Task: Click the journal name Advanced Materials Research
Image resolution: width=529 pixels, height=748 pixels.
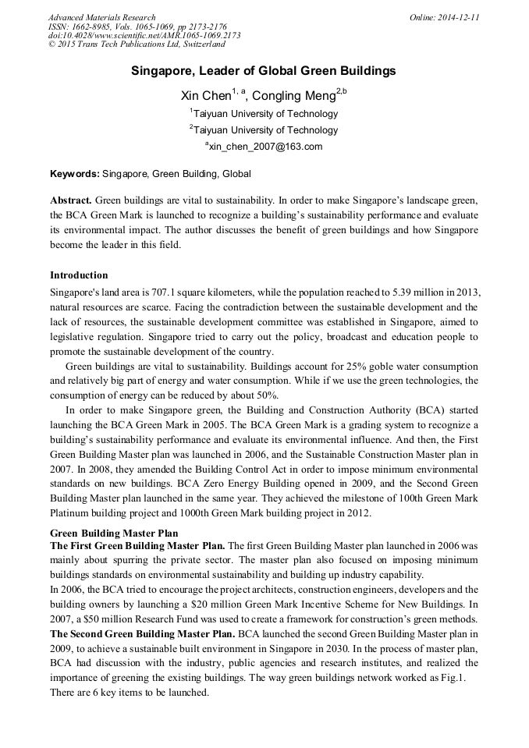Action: pos(101,17)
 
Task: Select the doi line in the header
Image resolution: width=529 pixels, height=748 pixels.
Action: pos(144,36)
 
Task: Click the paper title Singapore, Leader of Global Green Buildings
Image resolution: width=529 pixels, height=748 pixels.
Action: pos(264,71)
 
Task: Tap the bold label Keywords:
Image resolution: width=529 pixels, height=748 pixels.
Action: pos(75,173)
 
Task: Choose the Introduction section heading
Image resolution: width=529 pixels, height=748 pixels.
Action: pos(79,275)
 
